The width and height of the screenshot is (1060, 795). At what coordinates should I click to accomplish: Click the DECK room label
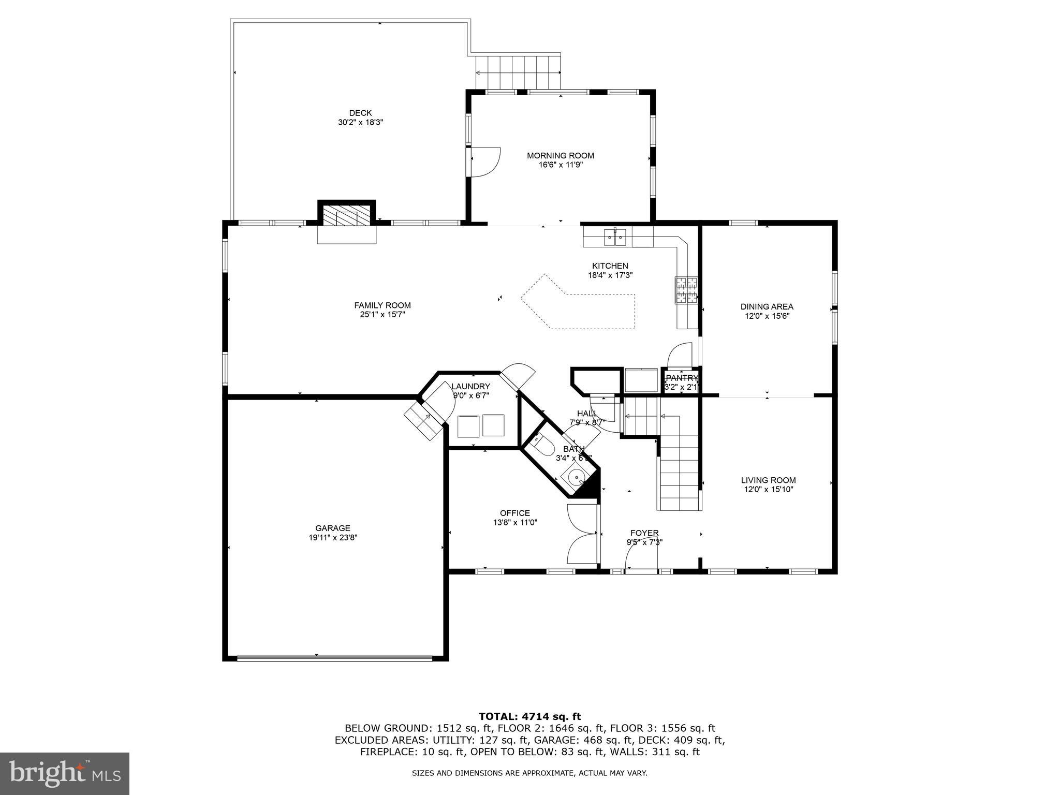pyautogui.click(x=360, y=113)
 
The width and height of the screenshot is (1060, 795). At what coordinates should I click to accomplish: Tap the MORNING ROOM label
pyautogui.click(x=560, y=155)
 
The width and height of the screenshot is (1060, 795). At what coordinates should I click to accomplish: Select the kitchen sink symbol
pyautogui.click(x=615, y=239)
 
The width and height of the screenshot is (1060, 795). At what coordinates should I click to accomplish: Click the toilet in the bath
pyautogui.click(x=542, y=445)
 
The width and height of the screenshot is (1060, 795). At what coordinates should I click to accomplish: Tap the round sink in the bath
pyautogui.click(x=576, y=477)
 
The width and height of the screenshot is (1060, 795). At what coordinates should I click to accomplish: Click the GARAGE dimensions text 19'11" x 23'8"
pyautogui.click(x=333, y=538)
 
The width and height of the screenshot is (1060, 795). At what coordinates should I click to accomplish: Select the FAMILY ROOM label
pyautogui.click(x=382, y=305)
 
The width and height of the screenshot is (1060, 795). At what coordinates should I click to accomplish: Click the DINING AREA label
pyautogui.click(x=767, y=306)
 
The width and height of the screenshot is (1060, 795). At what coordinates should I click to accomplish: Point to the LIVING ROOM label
pyautogui.click(x=768, y=480)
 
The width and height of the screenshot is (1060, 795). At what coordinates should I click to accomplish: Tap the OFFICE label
pyautogui.click(x=514, y=513)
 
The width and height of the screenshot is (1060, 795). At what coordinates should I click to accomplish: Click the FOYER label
pyautogui.click(x=644, y=533)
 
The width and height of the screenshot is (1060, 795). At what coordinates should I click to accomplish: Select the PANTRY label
pyautogui.click(x=682, y=378)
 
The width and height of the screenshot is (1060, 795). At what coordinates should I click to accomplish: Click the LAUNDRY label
pyautogui.click(x=470, y=386)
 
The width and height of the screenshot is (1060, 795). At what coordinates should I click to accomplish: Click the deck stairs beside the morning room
pyautogui.click(x=518, y=72)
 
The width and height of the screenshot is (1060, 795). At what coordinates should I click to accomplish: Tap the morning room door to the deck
pyautogui.click(x=485, y=162)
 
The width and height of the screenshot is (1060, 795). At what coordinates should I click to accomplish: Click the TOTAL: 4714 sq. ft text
pyautogui.click(x=529, y=716)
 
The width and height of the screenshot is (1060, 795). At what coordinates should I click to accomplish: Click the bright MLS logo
pyautogui.click(x=65, y=773)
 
